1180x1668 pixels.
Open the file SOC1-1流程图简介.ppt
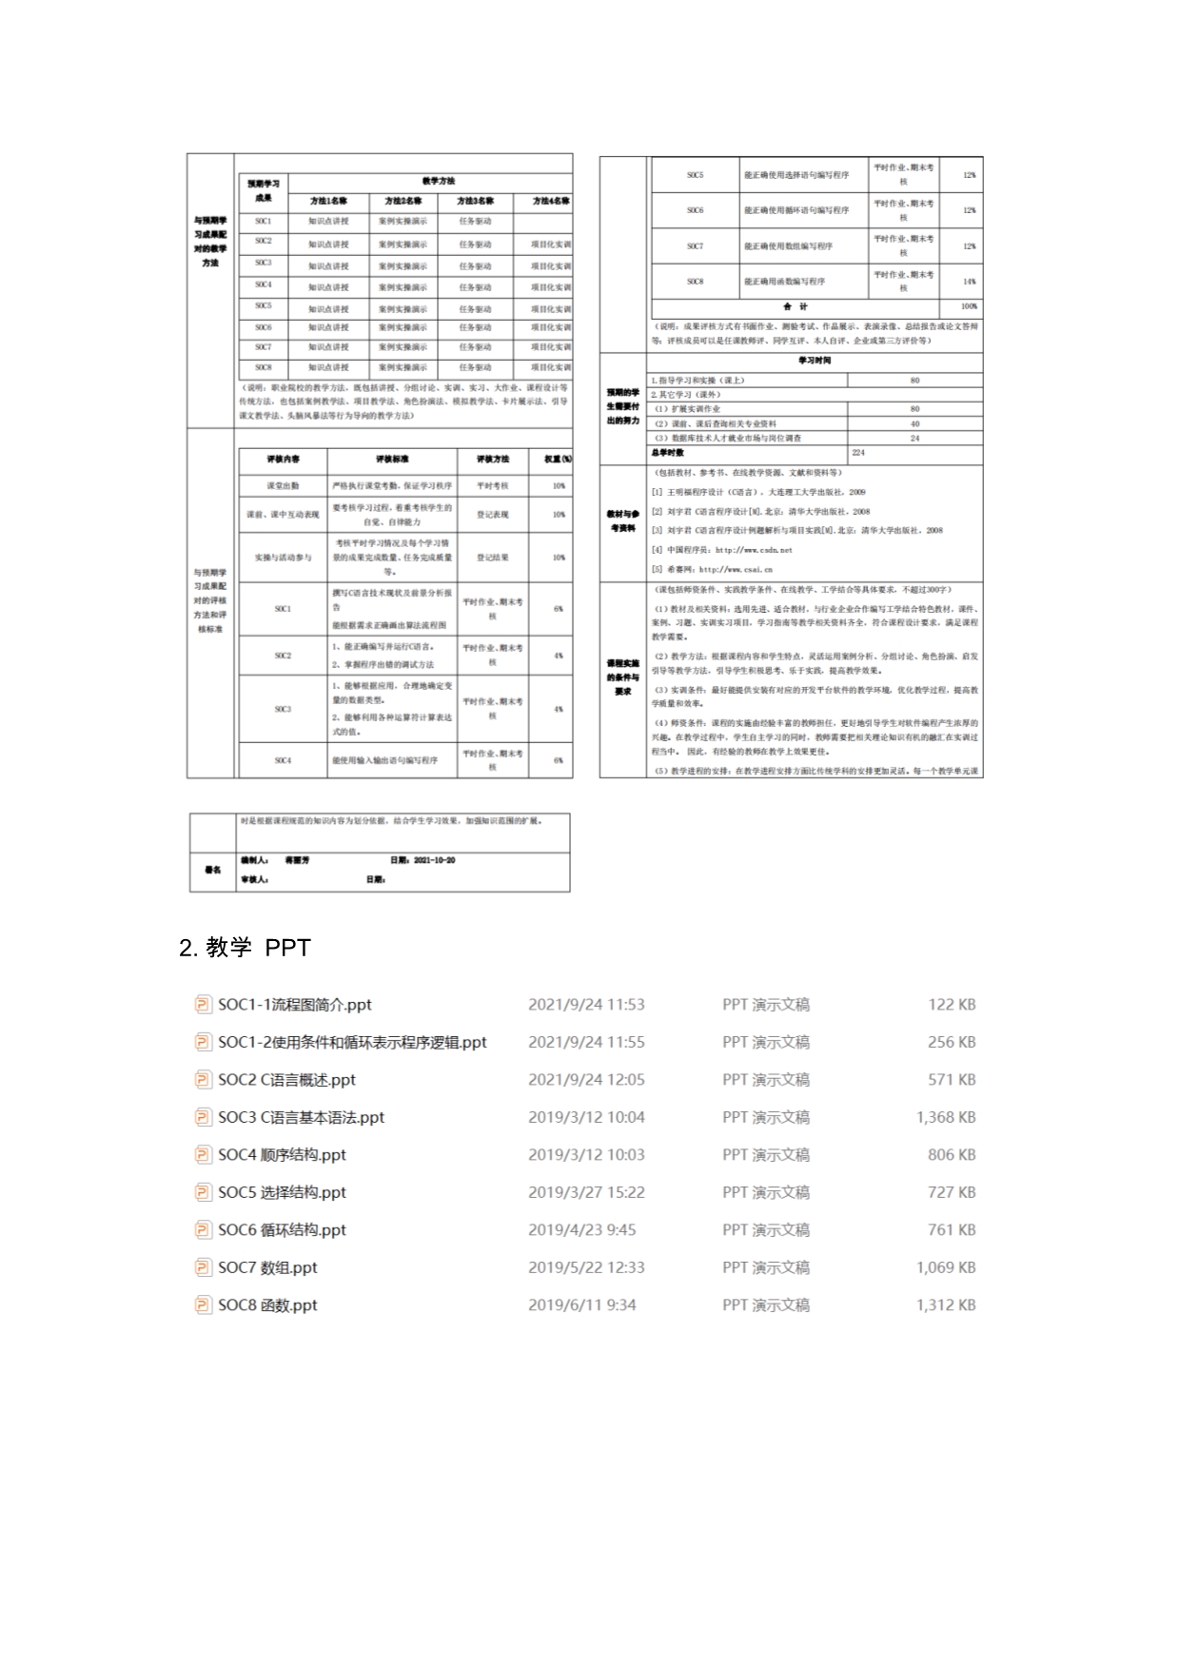coord(294,1005)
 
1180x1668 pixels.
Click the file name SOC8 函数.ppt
coord(267,1305)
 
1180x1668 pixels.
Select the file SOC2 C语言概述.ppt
coord(286,1080)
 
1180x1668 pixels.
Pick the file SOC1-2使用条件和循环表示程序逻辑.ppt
coord(351,1042)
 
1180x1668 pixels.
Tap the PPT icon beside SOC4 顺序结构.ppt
coord(203,1155)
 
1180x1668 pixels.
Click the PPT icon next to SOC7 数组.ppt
coord(203,1267)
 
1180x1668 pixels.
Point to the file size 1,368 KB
coord(946,1117)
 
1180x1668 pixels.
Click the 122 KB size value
coord(952,1005)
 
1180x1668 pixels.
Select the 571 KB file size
coord(952,1080)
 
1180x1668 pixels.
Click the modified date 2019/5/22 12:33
coord(586,1267)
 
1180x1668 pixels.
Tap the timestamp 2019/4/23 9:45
coord(581,1230)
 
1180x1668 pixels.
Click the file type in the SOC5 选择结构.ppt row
coord(765,1192)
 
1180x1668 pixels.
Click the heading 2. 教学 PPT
coord(245,948)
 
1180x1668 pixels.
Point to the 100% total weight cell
coord(969,307)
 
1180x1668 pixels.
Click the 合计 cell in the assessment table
coord(796,307)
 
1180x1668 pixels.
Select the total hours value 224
coord(858,453)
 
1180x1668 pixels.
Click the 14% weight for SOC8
coord(969,282)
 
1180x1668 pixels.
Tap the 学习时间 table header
coord(815,362)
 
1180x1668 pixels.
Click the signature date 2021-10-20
coord(434,860)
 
